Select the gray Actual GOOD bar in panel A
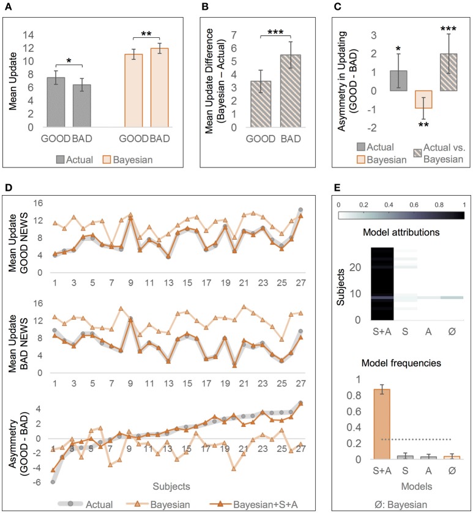tap(56, 102)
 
